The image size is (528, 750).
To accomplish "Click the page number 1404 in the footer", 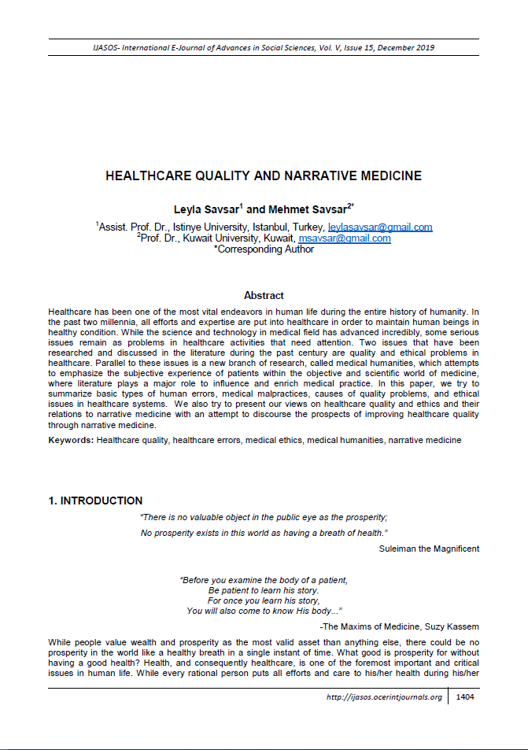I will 464,697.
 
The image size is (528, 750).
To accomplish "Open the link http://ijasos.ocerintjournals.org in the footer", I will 384,697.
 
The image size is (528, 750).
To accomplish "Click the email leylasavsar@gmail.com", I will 380,227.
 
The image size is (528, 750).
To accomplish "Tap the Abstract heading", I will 264,295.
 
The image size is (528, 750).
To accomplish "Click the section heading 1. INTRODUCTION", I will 96,501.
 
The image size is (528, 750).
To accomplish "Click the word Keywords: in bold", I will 71,440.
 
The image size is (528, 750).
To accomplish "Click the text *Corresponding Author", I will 264,249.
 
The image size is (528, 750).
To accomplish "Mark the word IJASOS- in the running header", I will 112,47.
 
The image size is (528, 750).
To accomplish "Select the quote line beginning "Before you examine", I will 264,580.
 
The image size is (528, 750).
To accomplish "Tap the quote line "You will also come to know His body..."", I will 264,611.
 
